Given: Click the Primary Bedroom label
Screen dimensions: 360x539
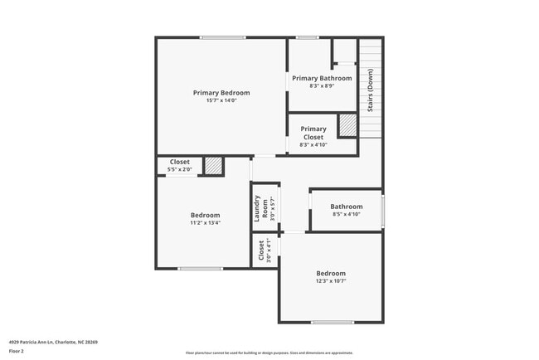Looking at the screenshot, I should tap(221, 93).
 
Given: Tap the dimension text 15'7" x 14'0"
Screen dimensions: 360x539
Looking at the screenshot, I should tap(221, 101).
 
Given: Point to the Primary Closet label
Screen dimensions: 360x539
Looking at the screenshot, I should tap(313, 133).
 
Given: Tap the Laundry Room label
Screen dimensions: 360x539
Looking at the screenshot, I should tap(260, 208).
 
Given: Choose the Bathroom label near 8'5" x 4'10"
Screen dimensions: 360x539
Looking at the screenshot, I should tap(346, 207).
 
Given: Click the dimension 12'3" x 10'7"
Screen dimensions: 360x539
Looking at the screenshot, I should tap(331, 281).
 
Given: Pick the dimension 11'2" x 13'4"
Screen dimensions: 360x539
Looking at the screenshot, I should tap(205, 223).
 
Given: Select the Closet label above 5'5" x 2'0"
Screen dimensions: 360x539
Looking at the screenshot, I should tap(180, 162).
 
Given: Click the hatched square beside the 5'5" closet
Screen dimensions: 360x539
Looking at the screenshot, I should tap(215, 166).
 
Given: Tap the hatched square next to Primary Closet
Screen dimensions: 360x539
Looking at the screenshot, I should tap(347, 125).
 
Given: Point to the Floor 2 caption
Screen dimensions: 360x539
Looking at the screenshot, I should tap(17, 351).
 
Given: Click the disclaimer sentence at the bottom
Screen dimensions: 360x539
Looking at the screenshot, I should tap(269, 352).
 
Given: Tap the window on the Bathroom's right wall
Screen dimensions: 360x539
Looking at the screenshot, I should tap(383, 211).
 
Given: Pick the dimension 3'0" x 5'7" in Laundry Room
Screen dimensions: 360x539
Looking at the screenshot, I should tap(269, 208).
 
